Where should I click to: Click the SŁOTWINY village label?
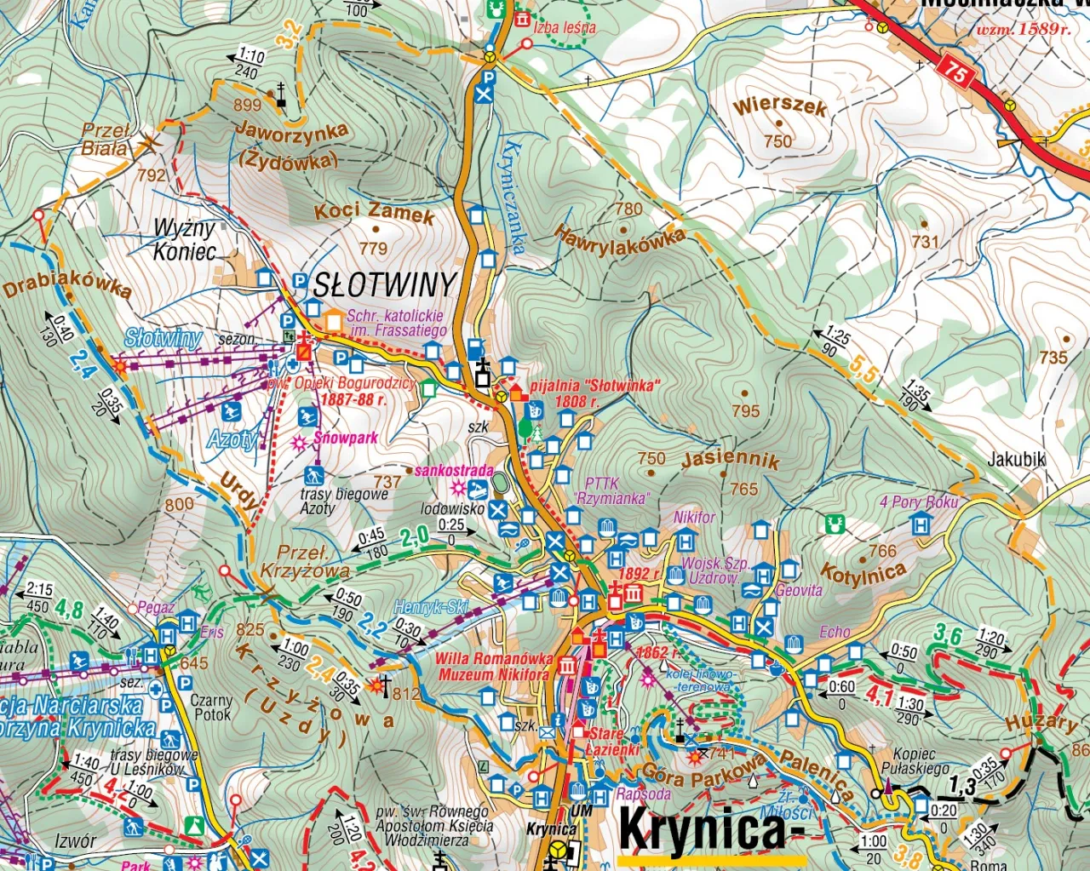point(385,285)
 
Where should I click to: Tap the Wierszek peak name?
point(780,106)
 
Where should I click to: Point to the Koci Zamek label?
point(375,212)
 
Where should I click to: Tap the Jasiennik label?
point(731,460)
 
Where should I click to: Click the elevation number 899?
point(247,105)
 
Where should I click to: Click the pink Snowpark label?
point(345,438)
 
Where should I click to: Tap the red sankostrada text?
point(454,470)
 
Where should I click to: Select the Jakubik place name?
point(1016,460)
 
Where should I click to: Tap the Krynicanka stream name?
point(513,197)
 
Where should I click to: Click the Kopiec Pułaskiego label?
point(915,761)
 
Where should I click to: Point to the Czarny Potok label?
point(211,708)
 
